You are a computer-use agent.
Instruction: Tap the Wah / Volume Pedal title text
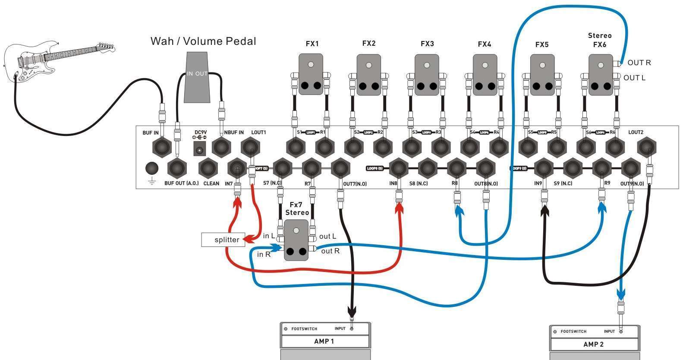(x=203, y=41)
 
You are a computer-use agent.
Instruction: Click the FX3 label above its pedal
(x=427, y=44)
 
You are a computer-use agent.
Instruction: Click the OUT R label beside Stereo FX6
(x=639, y=63)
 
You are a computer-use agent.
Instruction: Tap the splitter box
(x=223, y=240)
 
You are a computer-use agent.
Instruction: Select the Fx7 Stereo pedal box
(x=296, y=240)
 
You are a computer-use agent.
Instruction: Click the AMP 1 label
(x=324, y=341)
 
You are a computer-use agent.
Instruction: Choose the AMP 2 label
(x=593, y=344)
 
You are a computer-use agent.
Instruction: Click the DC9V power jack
(x=199, y=149)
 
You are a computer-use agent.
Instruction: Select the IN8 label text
(x=393, y=183)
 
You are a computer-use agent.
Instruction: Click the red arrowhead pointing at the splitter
(x=249, y=237)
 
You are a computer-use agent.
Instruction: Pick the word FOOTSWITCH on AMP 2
(x=573, y=332)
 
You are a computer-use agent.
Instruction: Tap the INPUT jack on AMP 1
(x=352, y=328)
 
